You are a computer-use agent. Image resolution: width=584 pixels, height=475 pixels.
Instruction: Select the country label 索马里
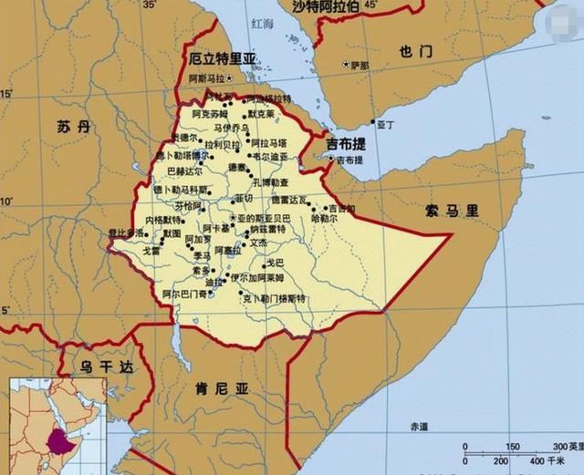pos(451,211)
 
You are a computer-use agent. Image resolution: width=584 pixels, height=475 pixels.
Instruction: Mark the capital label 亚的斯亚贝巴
pos(265,219)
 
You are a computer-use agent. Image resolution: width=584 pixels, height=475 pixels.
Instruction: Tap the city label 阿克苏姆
pos(209,115)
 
